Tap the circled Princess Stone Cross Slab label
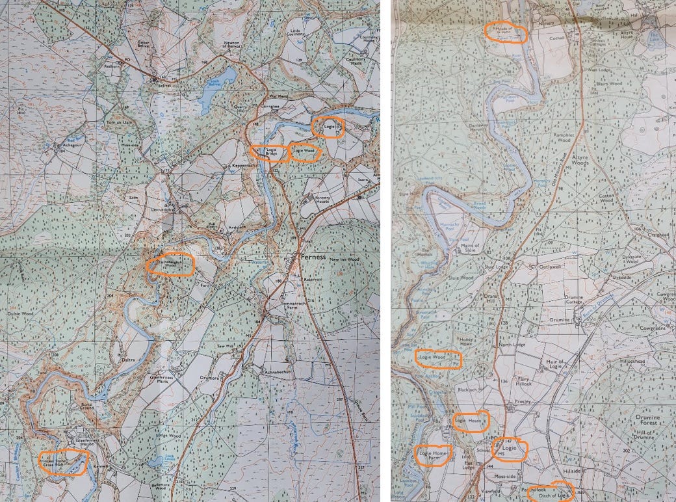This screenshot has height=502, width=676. [62, 462]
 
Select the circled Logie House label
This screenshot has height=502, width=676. [471, 421]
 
